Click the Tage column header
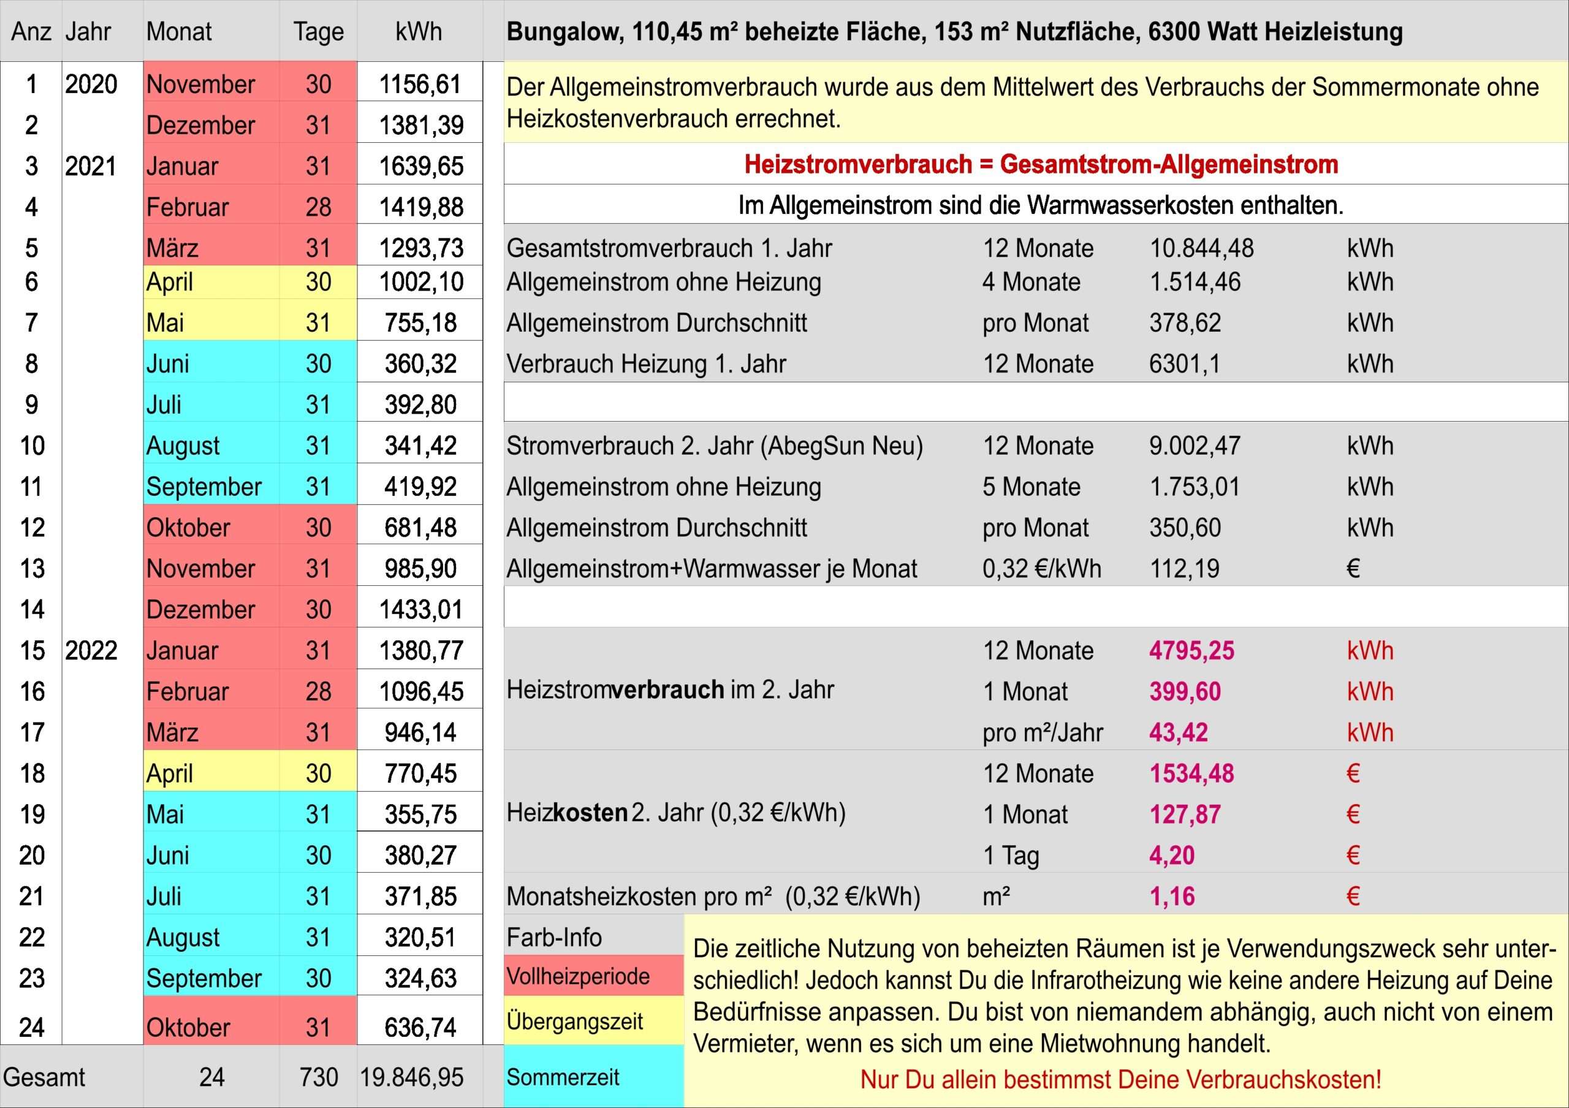point(319,32)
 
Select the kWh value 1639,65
point(421,166)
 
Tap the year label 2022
point(91,650)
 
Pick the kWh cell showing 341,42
point(420,446)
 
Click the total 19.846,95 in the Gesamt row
point(411,1077)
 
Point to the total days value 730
point(319,1077)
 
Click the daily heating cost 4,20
point(1172,856)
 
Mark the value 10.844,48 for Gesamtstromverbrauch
point(1201,248)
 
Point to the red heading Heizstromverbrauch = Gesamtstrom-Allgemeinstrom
point(1041,165)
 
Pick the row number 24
point(31,1027)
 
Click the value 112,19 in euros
point(1184,568)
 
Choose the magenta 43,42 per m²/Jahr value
point(1178,732)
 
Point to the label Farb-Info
point(554,937)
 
